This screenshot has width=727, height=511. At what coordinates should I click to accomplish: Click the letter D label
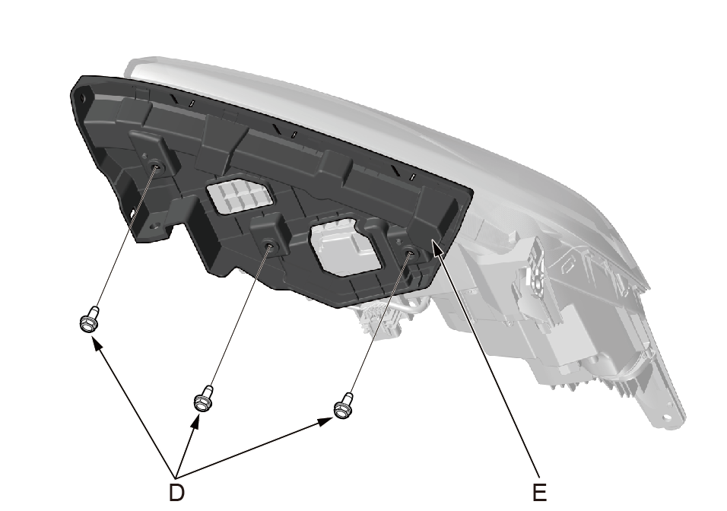click(176, 492)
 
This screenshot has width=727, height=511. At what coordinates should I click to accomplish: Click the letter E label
click(539, 492)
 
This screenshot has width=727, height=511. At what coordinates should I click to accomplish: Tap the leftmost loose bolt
click(90, 319)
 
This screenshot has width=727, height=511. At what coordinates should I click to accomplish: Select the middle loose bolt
click(204, 398)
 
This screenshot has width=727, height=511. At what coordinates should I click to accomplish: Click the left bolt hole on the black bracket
click(157, 167)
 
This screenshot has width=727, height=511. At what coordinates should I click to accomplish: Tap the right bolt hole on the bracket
click(410, 252)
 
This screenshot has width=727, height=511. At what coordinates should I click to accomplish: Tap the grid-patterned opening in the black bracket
click(238, 195)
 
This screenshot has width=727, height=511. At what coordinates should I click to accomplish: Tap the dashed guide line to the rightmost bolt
click(379, 323)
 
